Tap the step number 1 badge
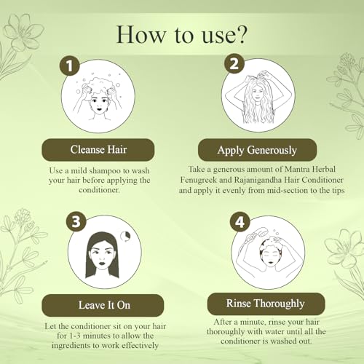pos(70,66)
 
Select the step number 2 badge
pos(234,63)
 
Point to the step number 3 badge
pos(76,221)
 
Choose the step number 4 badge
pos(240,221)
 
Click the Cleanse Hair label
pos(98,149)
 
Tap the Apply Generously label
pos(257,150)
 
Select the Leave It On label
pos(103,305)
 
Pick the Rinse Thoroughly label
pos(266,304)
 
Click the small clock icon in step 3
pos(126,236)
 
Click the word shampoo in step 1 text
pos(106,171)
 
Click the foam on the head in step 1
pos(100,86)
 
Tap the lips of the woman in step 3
pos(101,263)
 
